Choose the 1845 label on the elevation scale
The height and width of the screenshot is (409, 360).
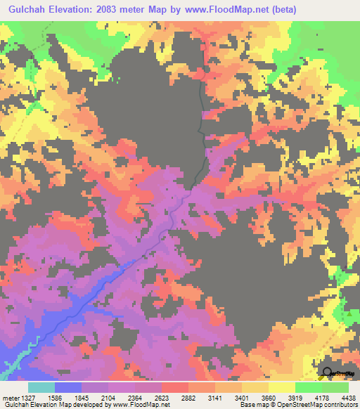(84, 398)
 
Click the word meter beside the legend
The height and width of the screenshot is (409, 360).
(10, 398)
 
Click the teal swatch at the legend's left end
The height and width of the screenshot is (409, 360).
(41, 387)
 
